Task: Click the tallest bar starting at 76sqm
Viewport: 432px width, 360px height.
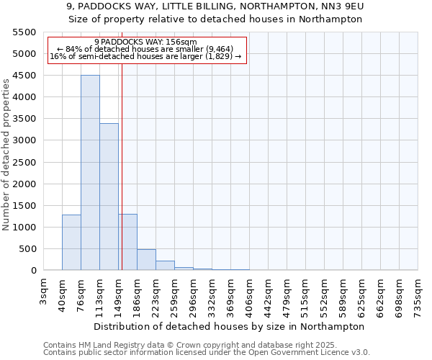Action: click(x=90, y=173)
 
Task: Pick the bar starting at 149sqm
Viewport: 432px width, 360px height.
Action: click(x=127, y=242)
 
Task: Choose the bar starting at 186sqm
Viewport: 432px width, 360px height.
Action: click(x=146, y=260)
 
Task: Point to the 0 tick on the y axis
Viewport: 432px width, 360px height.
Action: click(x=32, y=271)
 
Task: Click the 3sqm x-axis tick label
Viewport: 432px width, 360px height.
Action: click(x=44, y=287)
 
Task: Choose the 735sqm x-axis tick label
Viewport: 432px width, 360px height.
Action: click(x=418, y=292)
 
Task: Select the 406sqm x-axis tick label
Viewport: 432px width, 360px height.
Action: click(x=249, y=292)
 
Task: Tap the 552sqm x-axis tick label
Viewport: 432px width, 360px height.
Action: click(x=324, y=292)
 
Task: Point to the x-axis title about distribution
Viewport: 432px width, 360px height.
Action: click(x=230, y=326)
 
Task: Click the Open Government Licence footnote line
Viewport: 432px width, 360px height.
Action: click(x=207, y=352)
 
